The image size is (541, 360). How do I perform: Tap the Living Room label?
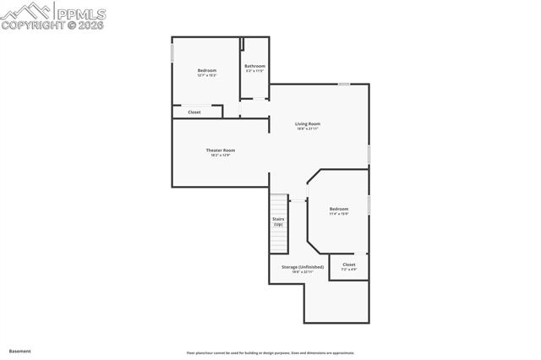pos(307,123)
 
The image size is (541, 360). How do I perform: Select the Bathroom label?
pos(254,66)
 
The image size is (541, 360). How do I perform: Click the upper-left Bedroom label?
pos(207,70)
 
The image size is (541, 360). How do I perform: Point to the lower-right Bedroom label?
pos(338,209)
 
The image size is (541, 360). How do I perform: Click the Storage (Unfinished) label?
pos(302,267)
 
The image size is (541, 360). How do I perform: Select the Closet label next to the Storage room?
pos(349,265)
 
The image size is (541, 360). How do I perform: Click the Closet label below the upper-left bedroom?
pos(194,112)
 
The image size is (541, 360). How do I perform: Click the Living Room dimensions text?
pos(307,128)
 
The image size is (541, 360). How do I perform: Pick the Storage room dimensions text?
pos(302,272)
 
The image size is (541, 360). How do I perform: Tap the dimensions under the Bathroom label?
pos(254,71)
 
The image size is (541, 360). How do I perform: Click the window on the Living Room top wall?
pos(344,84)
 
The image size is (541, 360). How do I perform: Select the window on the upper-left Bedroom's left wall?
pos(172,52)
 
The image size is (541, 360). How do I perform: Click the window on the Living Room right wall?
pos(369,154)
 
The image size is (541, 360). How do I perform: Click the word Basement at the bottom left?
pos(19,350)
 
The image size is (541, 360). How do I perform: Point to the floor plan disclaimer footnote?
pos(270,352)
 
